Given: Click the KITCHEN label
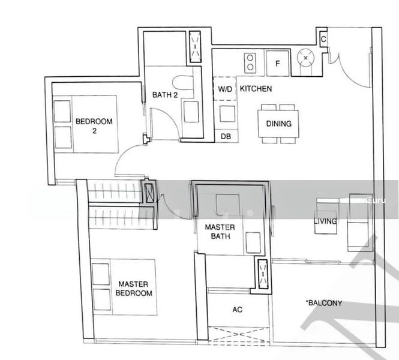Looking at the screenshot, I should click(256, 89).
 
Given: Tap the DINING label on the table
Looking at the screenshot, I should click(279, 124).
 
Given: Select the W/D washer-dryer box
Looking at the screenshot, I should click(224, 89).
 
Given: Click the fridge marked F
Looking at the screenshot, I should click(278, 62).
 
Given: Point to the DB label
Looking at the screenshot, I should click(226, 137).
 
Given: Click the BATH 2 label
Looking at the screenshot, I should click(164, 95).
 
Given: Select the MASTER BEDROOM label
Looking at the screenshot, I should click(134, 289).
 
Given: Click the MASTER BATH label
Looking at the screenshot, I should click(219, 232).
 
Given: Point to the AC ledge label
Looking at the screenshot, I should click(236, 310).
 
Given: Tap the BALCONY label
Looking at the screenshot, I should click(324, 303).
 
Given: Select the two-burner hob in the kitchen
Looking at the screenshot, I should click(250, 62).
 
